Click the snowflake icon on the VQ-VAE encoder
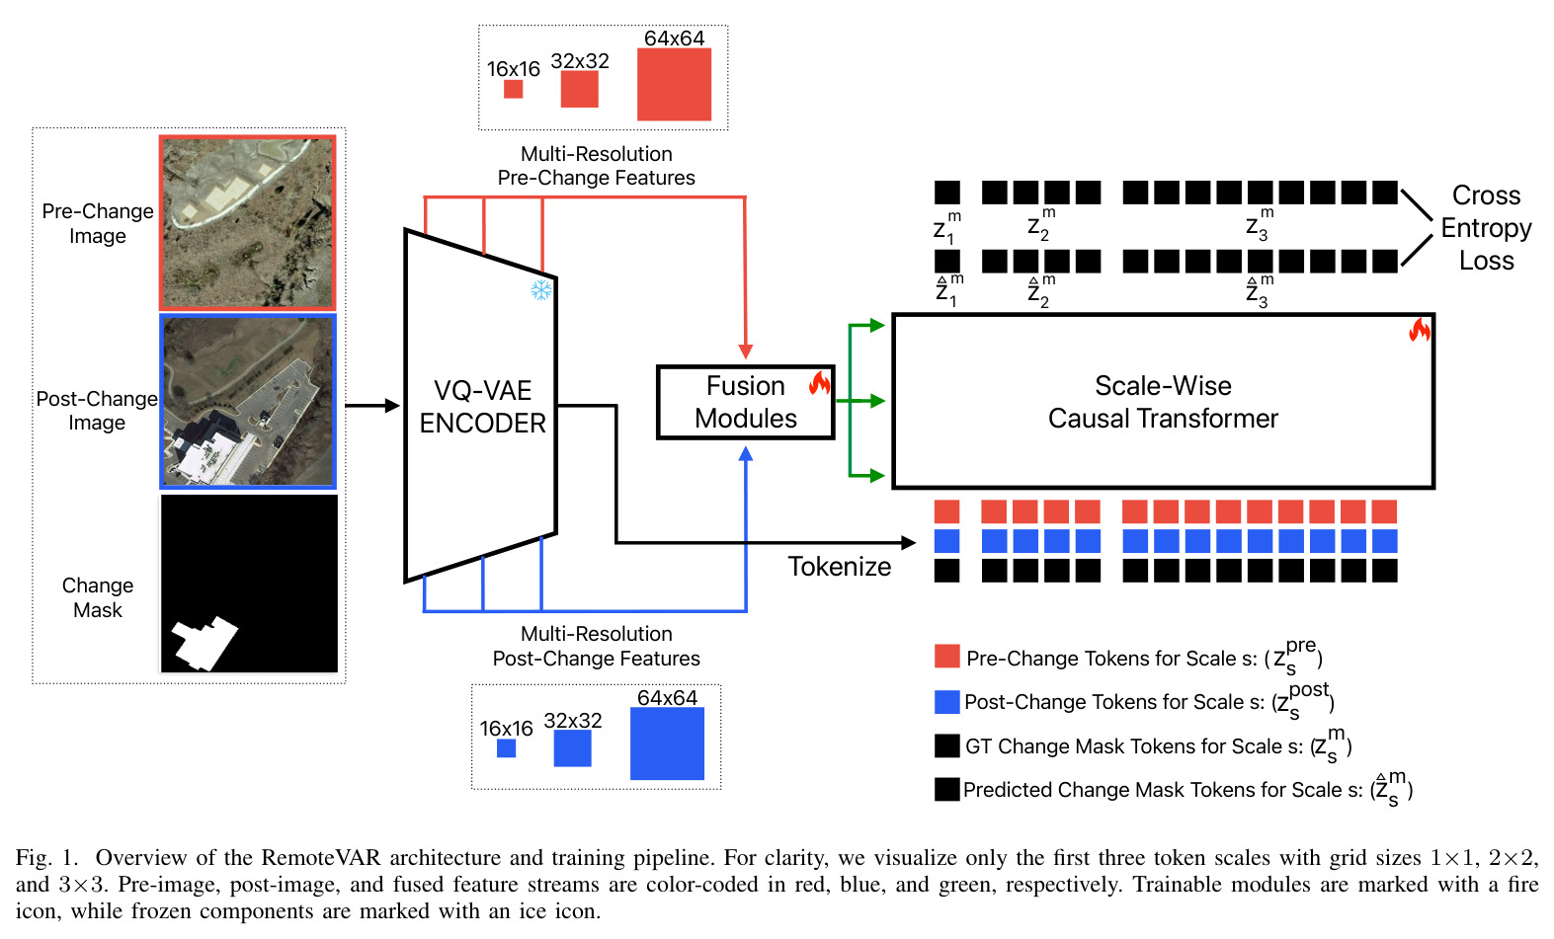coord(541,290)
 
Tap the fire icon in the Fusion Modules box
coord(819,383)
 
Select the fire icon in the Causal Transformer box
coord(1420,330)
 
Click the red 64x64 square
coord(675,84)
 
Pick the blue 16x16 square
coord(507,748)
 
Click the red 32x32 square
coord(579,89)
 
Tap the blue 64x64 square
coord(668,743)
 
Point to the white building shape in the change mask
coord(204,643)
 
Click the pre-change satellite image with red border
coord(248,222)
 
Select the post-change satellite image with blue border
coord(248,402)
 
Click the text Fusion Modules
coord(746,402)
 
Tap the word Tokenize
coord(839,567)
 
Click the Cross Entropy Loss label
coord(1486,227)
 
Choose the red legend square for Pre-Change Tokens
coord(947,656)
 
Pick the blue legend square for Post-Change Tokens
coord(947,702)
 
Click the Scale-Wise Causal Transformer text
coord(1163,402)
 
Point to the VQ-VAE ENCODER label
coord(483,407)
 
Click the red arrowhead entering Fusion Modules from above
coord(746,351)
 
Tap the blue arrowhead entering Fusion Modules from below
coord(746,454)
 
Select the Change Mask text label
coord(98,597)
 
